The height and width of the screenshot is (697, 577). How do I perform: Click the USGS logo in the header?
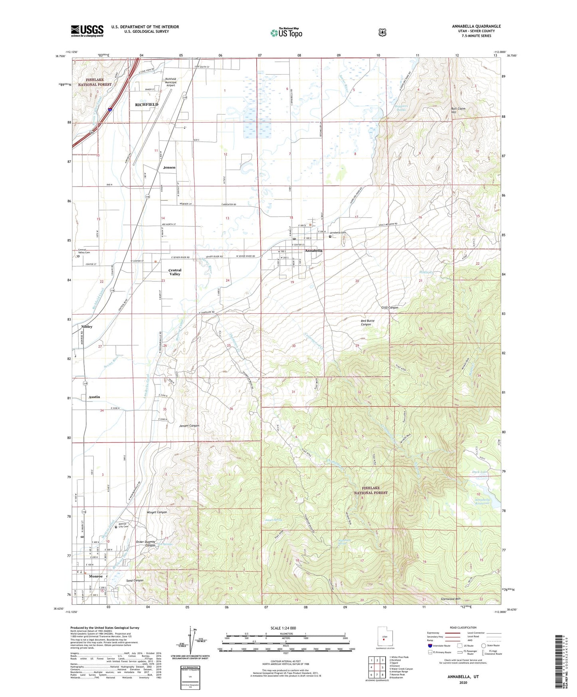tap(87, 31)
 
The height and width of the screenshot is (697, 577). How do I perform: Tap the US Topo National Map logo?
tap(286, 33)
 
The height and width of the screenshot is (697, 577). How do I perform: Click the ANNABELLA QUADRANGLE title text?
tap(476, 26)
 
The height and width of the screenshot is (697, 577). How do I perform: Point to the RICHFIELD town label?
tap(147, 105)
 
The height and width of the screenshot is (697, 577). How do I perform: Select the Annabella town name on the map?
tap(313, 251)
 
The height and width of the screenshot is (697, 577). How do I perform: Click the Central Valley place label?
tap(174, 272)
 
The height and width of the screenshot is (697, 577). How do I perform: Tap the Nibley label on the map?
tap(87, 327)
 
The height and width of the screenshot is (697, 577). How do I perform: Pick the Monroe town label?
tap(95, 576)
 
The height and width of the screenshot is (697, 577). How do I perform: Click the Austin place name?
tap(94, 397)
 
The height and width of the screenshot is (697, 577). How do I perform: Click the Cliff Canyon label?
tap(389, 308)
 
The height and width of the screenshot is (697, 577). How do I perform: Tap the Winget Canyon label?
tap(157, 512)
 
